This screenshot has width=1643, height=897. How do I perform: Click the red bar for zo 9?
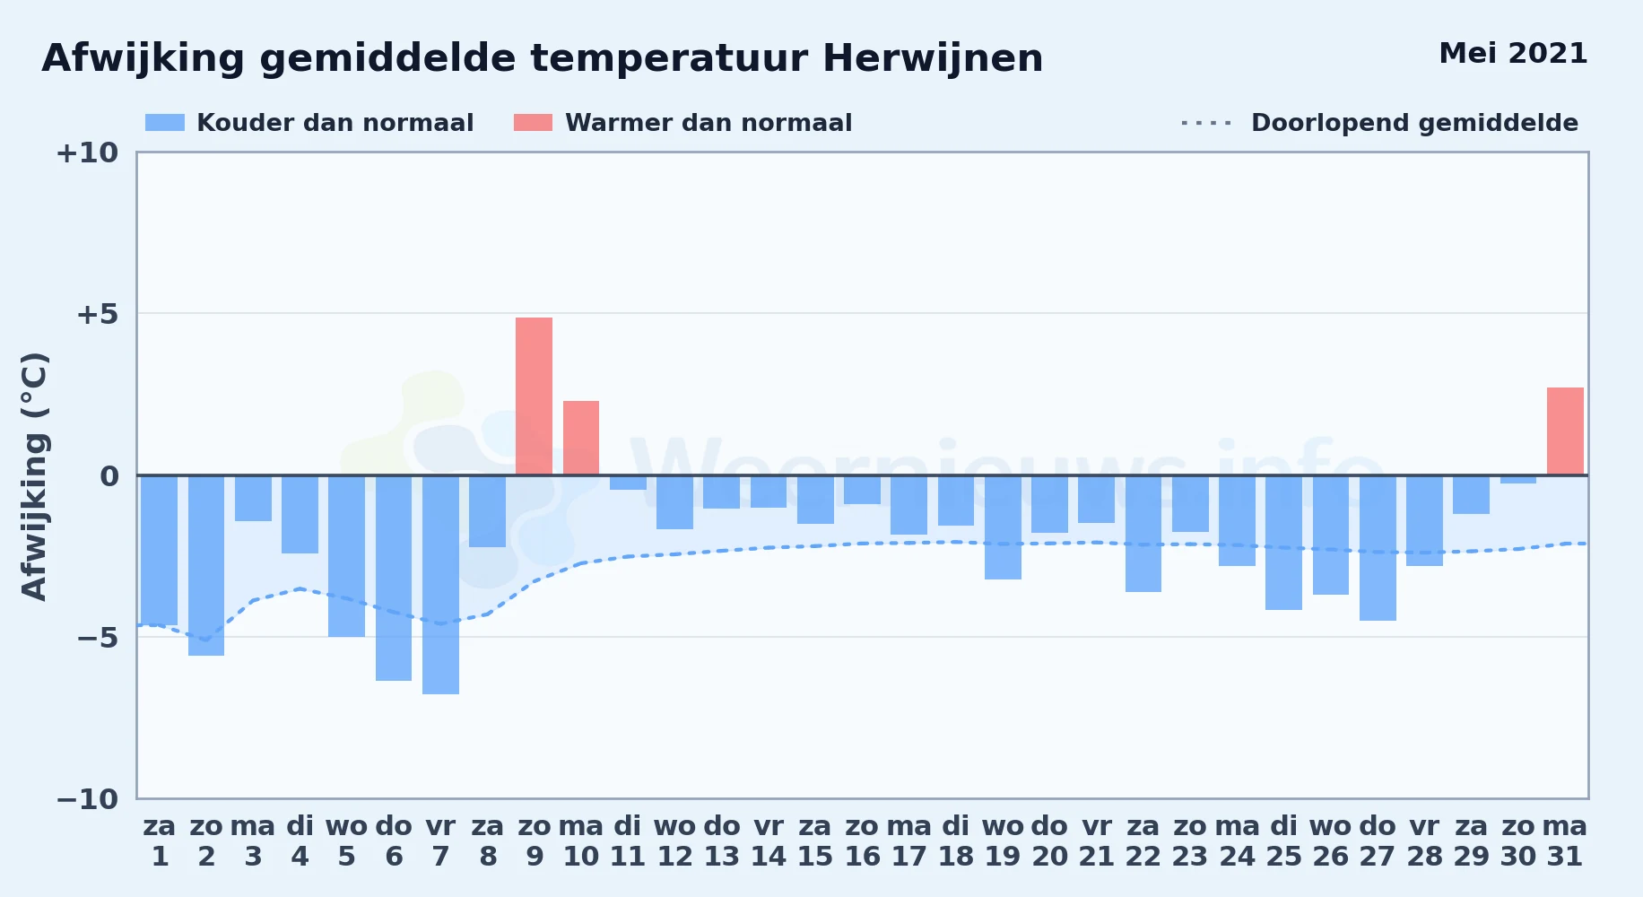(534, 396)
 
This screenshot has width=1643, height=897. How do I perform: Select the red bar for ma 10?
(581, 438)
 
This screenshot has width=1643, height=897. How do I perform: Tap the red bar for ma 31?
(1565, 431)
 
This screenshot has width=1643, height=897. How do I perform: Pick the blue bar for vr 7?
(440, 585)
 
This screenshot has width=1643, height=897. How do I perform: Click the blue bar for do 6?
(394, 578)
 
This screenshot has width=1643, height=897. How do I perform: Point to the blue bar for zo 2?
(206, 565)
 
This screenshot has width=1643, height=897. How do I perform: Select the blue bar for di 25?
(1283, 543)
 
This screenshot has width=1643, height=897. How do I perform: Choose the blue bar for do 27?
(1378, 548)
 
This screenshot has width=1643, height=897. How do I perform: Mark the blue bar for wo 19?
(1003, 527)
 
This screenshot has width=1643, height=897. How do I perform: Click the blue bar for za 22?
(1143, 534)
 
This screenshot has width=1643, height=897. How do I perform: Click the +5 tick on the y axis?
(97, 314)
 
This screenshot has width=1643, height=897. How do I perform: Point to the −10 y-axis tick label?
(87, 799)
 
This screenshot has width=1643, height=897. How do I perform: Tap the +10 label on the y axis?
(87, 152)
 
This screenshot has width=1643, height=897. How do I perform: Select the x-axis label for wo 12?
(674, 841)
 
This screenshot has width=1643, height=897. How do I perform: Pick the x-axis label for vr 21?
(1096, 841)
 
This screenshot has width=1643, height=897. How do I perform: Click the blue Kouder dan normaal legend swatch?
(165, 123)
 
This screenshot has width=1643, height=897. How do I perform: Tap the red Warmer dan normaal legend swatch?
(533, 123)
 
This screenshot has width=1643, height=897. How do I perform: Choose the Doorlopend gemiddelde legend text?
(1414, 123)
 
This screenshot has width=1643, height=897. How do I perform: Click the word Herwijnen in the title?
(933, 59)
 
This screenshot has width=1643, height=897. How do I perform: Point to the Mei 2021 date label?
(1513, 54)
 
